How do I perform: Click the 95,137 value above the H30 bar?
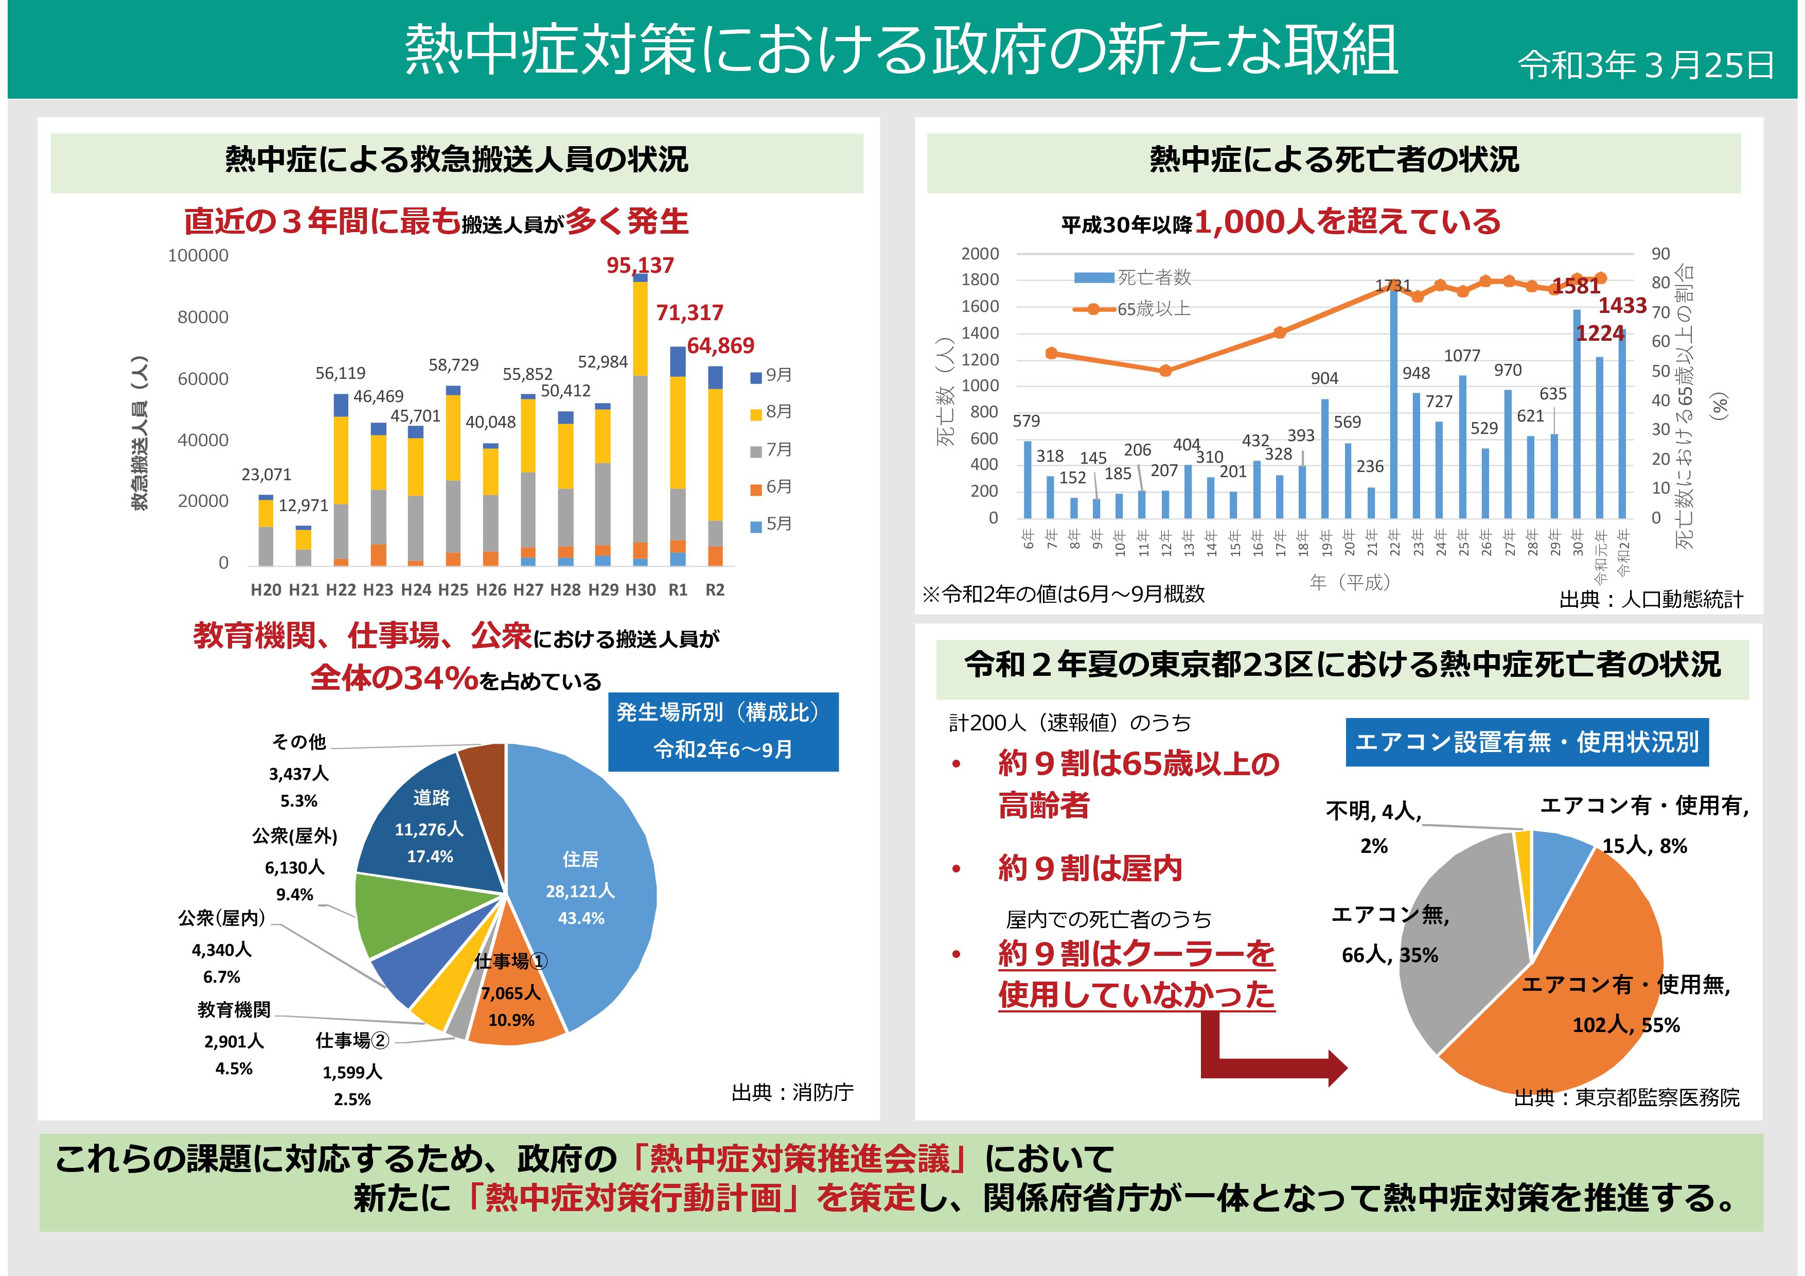tap(640, 266)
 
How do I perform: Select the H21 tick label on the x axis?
tap(304, 590)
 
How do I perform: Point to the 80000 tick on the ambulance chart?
tap(202, 317)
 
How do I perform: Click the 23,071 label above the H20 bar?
tap(266, 475)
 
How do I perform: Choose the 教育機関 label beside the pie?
tap(234, 1009)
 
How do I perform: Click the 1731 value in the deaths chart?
tap(1392, 285)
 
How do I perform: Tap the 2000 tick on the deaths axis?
tap(980, 254)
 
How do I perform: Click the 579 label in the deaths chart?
tap(1026, 422)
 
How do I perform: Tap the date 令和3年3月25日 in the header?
tap(1645, 65)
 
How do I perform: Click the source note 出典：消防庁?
tap(792, 1092)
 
